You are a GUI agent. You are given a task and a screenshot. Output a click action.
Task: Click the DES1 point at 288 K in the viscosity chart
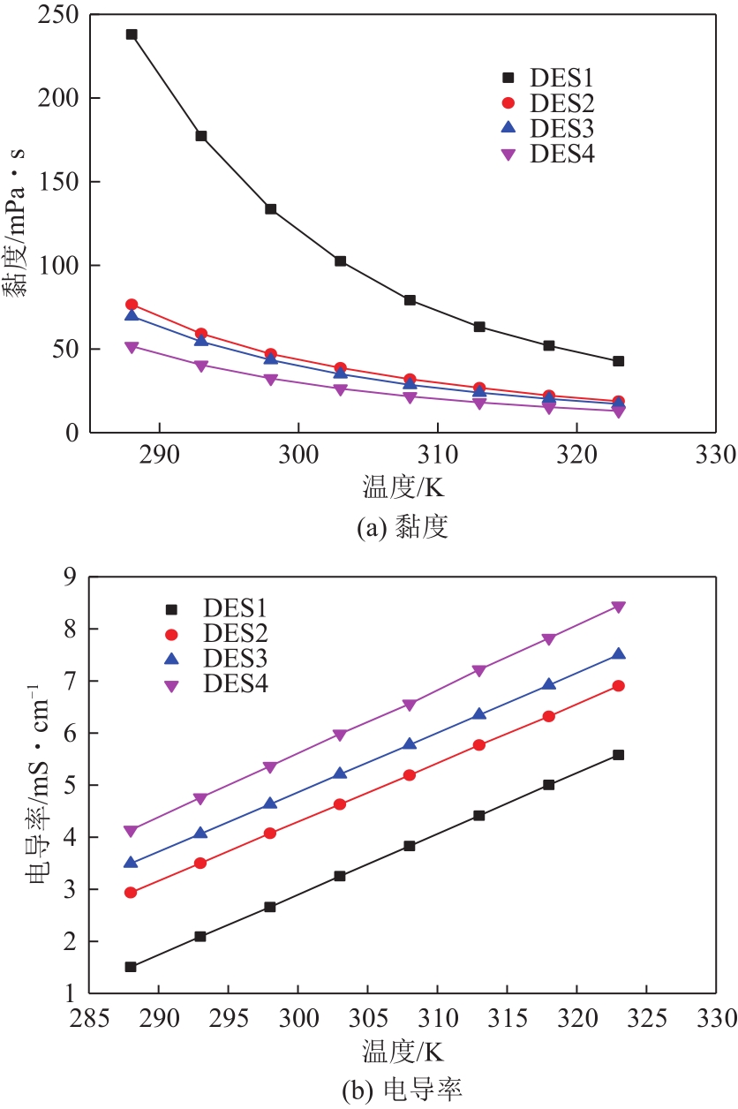pyautogui.click(x=132, y=34)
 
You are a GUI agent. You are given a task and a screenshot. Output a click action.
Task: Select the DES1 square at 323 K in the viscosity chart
pyautogui.click(x=619, y=361)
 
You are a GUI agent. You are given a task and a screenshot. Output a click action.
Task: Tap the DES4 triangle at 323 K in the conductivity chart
pyautogui.click(x=619, y=607)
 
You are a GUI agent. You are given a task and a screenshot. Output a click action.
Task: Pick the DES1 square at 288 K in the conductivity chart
pyautogui.click(x=131, y=967)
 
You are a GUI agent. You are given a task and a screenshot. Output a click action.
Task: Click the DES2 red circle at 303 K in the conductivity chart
pyautogui.click(x=340, y=804)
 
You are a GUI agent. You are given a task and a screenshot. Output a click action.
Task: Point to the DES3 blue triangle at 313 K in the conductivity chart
pyautogui.click(x=479, y=714)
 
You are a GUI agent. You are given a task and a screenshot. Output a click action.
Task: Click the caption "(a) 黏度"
pyautogui.click(x=402, y=528)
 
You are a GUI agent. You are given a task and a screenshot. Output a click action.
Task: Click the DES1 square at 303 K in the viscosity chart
pyautogui.click(x=341, y=261)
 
